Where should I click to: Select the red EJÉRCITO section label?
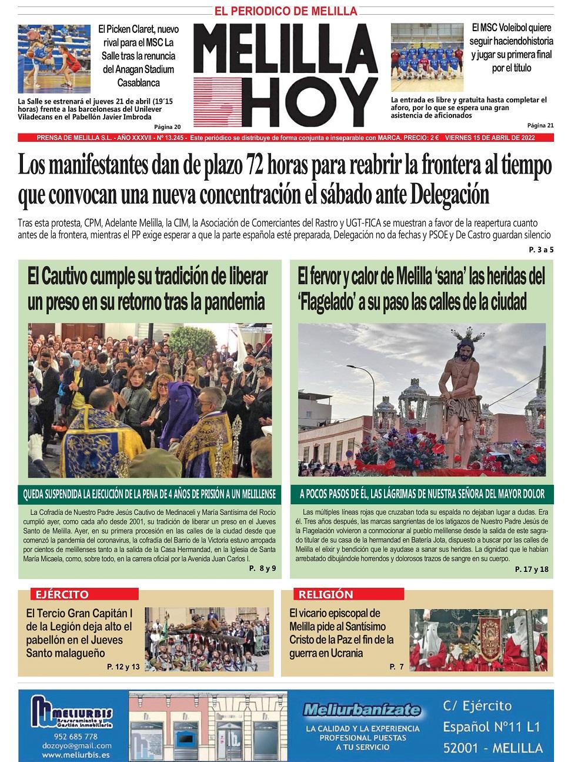(x=62, y=594)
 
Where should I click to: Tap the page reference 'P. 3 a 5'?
(x=541, y=250)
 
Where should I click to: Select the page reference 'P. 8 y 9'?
(x=262, y=568)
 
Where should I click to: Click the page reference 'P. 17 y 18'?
(x=531, y=569)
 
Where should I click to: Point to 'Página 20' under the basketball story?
(x=168, y=127)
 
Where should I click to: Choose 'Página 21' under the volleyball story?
(x=540, y=125)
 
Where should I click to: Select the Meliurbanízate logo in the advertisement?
(x=362, y=710)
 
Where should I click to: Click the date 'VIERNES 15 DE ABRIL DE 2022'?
(x=498, y=138)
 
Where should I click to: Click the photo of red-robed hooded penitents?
(x=480, y=641)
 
